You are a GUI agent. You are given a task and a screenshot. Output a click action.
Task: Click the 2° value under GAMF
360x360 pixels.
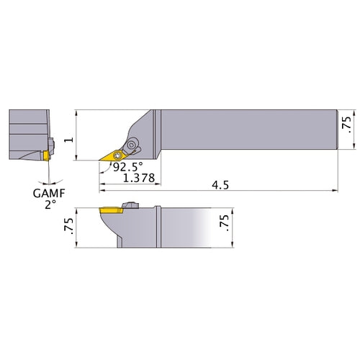point(50,204)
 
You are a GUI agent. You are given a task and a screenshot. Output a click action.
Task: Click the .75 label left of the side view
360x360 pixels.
point(69,226)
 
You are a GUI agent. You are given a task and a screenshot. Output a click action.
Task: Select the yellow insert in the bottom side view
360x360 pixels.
point(111,210)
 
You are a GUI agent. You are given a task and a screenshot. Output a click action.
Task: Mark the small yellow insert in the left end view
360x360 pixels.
point(45,155)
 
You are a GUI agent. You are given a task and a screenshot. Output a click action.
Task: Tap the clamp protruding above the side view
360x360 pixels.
point(130,205)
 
